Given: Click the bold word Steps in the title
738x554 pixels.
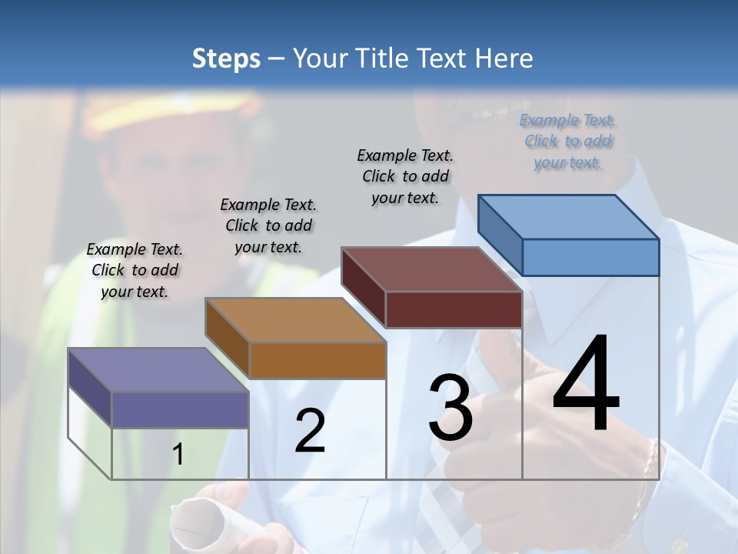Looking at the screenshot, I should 226,58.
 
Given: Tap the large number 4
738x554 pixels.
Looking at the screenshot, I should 586,385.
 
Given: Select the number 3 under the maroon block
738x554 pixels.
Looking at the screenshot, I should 450,408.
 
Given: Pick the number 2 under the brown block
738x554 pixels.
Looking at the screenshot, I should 310,431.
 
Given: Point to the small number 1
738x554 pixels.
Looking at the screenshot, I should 178,455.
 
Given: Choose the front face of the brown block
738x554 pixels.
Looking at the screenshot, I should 317,359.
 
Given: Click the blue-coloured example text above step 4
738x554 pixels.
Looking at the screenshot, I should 567,142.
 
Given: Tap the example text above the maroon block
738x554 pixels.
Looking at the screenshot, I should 405,176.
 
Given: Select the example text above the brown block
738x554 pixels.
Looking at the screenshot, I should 268,225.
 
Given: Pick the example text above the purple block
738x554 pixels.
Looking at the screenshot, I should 135,270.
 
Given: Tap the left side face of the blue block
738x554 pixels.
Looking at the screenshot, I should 500,235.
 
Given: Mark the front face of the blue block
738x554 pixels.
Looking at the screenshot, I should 590,257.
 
